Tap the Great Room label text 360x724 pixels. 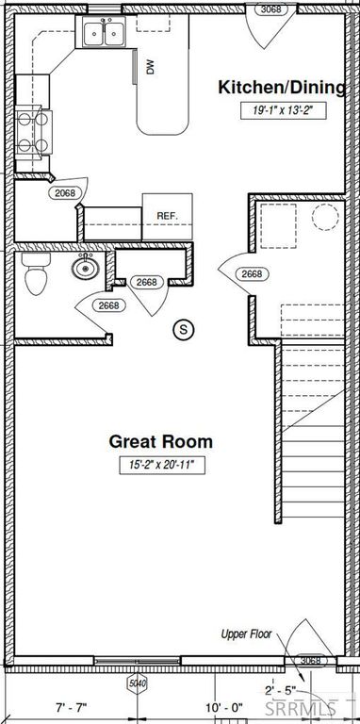point(160,441)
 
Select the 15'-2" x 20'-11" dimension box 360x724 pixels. point(160,464)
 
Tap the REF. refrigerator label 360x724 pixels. point(168,216)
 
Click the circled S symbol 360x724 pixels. point(185,329)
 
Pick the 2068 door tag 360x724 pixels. point(64,193)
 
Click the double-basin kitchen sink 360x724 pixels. point(105,35)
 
